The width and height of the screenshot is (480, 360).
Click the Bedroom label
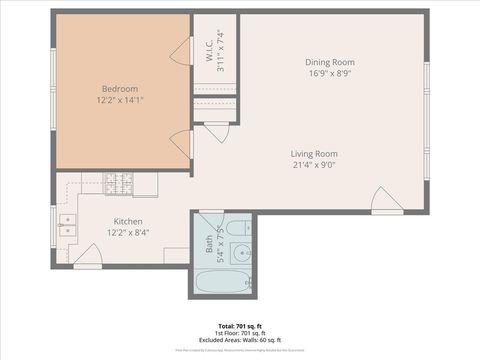click(121, 87)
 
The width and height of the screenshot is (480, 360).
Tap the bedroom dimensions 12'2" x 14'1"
click(121, 99)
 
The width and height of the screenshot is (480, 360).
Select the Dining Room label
click(329, 62)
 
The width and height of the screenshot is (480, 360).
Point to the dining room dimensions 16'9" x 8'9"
click(329, 73)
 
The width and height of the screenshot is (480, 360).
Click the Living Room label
click(313, 153)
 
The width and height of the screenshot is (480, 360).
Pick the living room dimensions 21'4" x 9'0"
click(313, 165)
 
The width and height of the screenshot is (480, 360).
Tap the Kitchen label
click(127, 221)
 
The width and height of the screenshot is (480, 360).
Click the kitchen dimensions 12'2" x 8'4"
click(127, 232)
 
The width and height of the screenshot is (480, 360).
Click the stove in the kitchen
click(120, 183)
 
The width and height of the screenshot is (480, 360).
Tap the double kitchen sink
click(65, 225)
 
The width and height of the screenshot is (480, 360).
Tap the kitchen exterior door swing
click(88, 260)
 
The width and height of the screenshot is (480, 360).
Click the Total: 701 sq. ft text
click(240, 326)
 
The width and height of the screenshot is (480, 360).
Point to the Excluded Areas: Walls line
click(240, 340)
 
